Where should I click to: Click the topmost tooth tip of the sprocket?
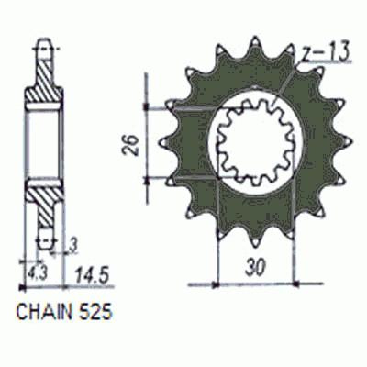tap(255, 38)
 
